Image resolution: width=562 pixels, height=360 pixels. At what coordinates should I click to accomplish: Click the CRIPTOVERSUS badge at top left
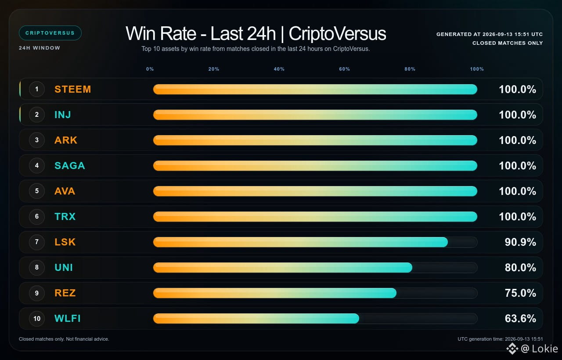tap(50, 33)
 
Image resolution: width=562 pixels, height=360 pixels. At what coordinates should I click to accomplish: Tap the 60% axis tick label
tap(344, 69)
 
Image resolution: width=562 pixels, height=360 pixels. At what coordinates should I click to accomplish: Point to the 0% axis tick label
tap(150, 69)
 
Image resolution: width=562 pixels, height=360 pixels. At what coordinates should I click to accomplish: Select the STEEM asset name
tap(73, 89)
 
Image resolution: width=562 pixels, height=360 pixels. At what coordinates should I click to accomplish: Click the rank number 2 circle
tap(37, 115)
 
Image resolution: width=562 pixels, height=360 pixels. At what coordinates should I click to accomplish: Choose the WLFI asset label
tap(68, 318)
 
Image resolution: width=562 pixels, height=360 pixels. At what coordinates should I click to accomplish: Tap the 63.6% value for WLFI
tap(520, 318)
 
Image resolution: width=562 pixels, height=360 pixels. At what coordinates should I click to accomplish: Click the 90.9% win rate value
tap(520, 242)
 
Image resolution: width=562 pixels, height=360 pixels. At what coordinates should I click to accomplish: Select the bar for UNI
tap(282, 267)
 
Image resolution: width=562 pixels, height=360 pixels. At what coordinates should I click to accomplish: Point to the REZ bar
tap(275, 293)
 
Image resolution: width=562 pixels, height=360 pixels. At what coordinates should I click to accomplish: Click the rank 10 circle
tap(37, 318)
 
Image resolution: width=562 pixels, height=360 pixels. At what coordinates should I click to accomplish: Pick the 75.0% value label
tap(520, 293)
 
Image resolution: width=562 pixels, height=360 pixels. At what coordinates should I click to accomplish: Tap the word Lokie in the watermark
tap(545, 349)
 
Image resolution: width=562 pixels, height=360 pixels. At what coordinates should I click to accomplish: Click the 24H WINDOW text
tap(40, 48)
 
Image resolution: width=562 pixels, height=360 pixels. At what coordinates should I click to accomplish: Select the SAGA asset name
tap(70, 166)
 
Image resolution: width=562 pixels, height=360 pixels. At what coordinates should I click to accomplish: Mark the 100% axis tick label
tap(477, 69)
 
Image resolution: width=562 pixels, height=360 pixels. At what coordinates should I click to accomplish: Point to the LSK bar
tap(300, 242)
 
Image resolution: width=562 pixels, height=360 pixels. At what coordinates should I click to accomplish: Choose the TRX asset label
tap(65, 216)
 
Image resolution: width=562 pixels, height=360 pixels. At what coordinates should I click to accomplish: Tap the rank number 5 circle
tap(37, 191)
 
